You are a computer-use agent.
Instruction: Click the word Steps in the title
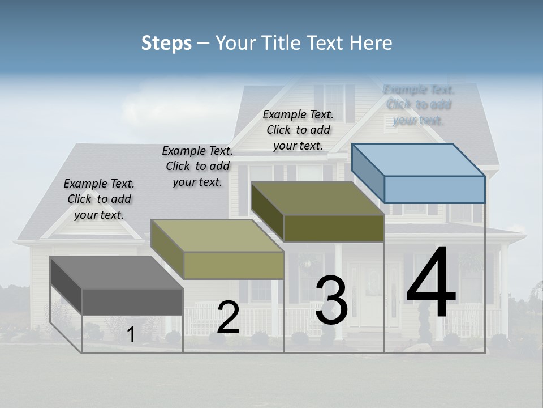tap(166, 43)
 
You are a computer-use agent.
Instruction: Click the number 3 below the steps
tap(331, 300)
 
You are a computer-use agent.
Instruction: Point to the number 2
tap(228, 317)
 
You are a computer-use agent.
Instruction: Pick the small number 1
tap(131, 335)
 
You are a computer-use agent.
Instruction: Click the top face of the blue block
tap(419, 160)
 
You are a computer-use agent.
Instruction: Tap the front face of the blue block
tap(434, 189)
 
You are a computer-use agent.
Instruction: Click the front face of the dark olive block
tap(334, 228)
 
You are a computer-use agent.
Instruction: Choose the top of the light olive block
tap(217, 236)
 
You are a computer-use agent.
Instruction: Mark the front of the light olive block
tap(234, 265)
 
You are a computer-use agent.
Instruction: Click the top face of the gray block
tap(117, 273)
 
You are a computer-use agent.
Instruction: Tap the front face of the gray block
tap(132, 301)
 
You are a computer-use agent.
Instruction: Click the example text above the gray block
tap(99, 199)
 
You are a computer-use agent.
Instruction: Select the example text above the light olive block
tap(197, 166)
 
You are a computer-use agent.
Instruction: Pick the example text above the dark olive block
tap(298, 130)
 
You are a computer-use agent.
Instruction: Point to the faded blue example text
tap(419, 105)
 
